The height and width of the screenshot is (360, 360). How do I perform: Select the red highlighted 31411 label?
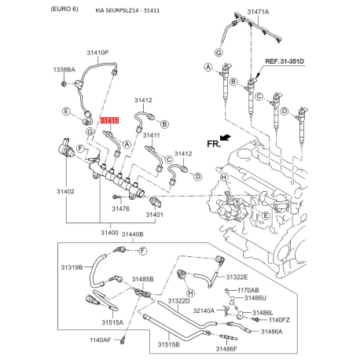pos(110,119)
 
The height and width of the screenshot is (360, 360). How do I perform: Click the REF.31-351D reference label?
pos(284,60)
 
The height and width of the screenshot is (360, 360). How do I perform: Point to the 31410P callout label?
pos(97,53)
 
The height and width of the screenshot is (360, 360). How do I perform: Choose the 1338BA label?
pos(64,70)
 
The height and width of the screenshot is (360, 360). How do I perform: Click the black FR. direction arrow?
pos(225,138)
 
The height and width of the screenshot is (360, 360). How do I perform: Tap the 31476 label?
pos(120,208)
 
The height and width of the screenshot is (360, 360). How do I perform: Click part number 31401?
pos(154,214)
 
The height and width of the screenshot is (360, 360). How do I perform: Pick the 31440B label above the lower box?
pos(131,233)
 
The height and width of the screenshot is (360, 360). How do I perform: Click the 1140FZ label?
pos(280,321)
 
